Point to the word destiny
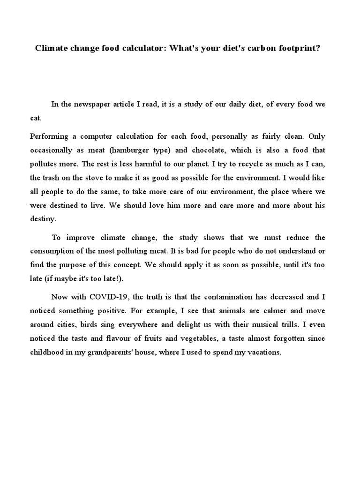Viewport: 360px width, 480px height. (x=43, y=219)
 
